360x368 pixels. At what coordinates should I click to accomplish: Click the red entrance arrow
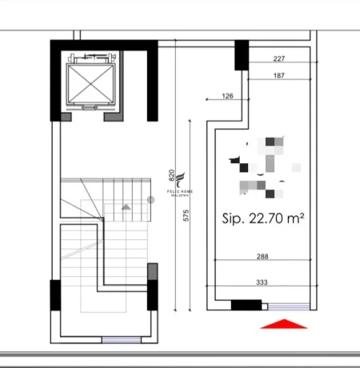(x=284, y=322)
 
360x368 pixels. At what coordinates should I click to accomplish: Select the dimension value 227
(x=279, y=58)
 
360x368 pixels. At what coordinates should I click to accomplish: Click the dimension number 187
(x=279, y=76)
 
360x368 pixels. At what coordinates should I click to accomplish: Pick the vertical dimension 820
(x=171, y=174)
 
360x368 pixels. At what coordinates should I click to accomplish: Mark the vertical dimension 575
(x=185, y=217)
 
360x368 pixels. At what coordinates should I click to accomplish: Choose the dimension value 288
(x=263, y=258)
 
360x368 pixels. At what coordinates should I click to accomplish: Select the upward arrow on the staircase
(x=125, y=206)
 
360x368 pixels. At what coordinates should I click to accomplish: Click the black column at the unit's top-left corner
(x=241, y=54)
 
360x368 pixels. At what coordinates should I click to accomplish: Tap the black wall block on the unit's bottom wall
(x=246, y=305)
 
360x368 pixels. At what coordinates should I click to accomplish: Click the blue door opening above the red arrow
(x=287, y=306)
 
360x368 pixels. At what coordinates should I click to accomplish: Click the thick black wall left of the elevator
(x=56, y=80)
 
